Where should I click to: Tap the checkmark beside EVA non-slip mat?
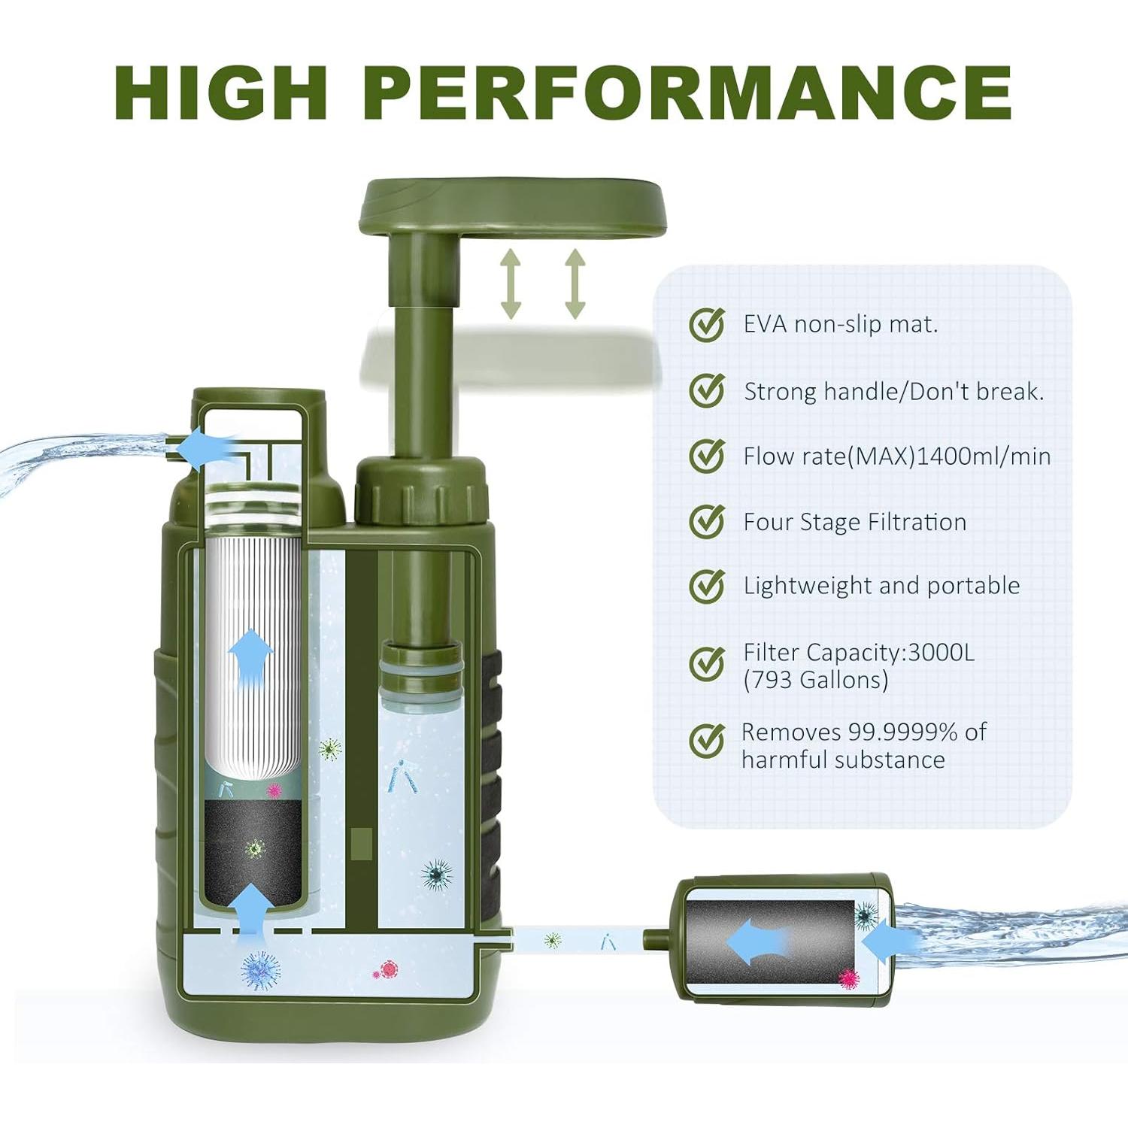tap(707, 325)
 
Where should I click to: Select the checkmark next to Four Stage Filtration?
tap(707, 521)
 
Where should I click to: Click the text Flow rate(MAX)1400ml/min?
tap(896, 456)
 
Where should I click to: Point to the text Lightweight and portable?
tap(881, 586)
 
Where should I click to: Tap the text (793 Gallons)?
tap(816, 680)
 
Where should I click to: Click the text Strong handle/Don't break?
tap(893, 392)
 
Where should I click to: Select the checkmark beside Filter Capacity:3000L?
tap(707, 663)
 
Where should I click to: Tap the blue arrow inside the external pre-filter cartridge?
tap(757, 942)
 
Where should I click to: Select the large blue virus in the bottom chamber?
tap(260, 970)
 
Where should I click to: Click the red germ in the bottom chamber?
tap(387, 970)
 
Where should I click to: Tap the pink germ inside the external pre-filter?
tap(849, 978)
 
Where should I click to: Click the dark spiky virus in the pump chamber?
tap(437, 875)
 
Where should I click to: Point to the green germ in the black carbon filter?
tap(256, 848)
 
